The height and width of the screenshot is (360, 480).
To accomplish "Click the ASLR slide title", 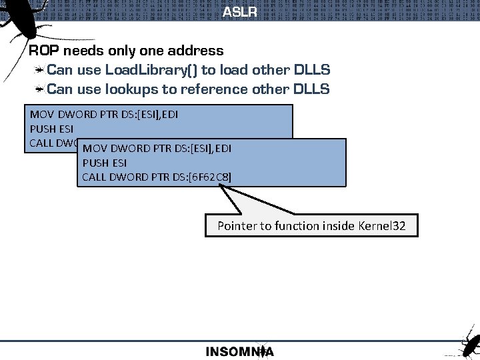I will click(x=239, y=12).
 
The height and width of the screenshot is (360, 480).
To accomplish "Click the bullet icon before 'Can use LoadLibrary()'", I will click(x=40, y=70).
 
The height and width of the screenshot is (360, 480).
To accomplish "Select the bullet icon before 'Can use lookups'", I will click(x=40, y=89).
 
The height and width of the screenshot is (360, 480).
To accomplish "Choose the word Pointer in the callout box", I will click(x=237, y=226).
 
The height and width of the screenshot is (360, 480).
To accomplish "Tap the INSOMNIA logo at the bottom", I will click(x=239, y=351).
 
